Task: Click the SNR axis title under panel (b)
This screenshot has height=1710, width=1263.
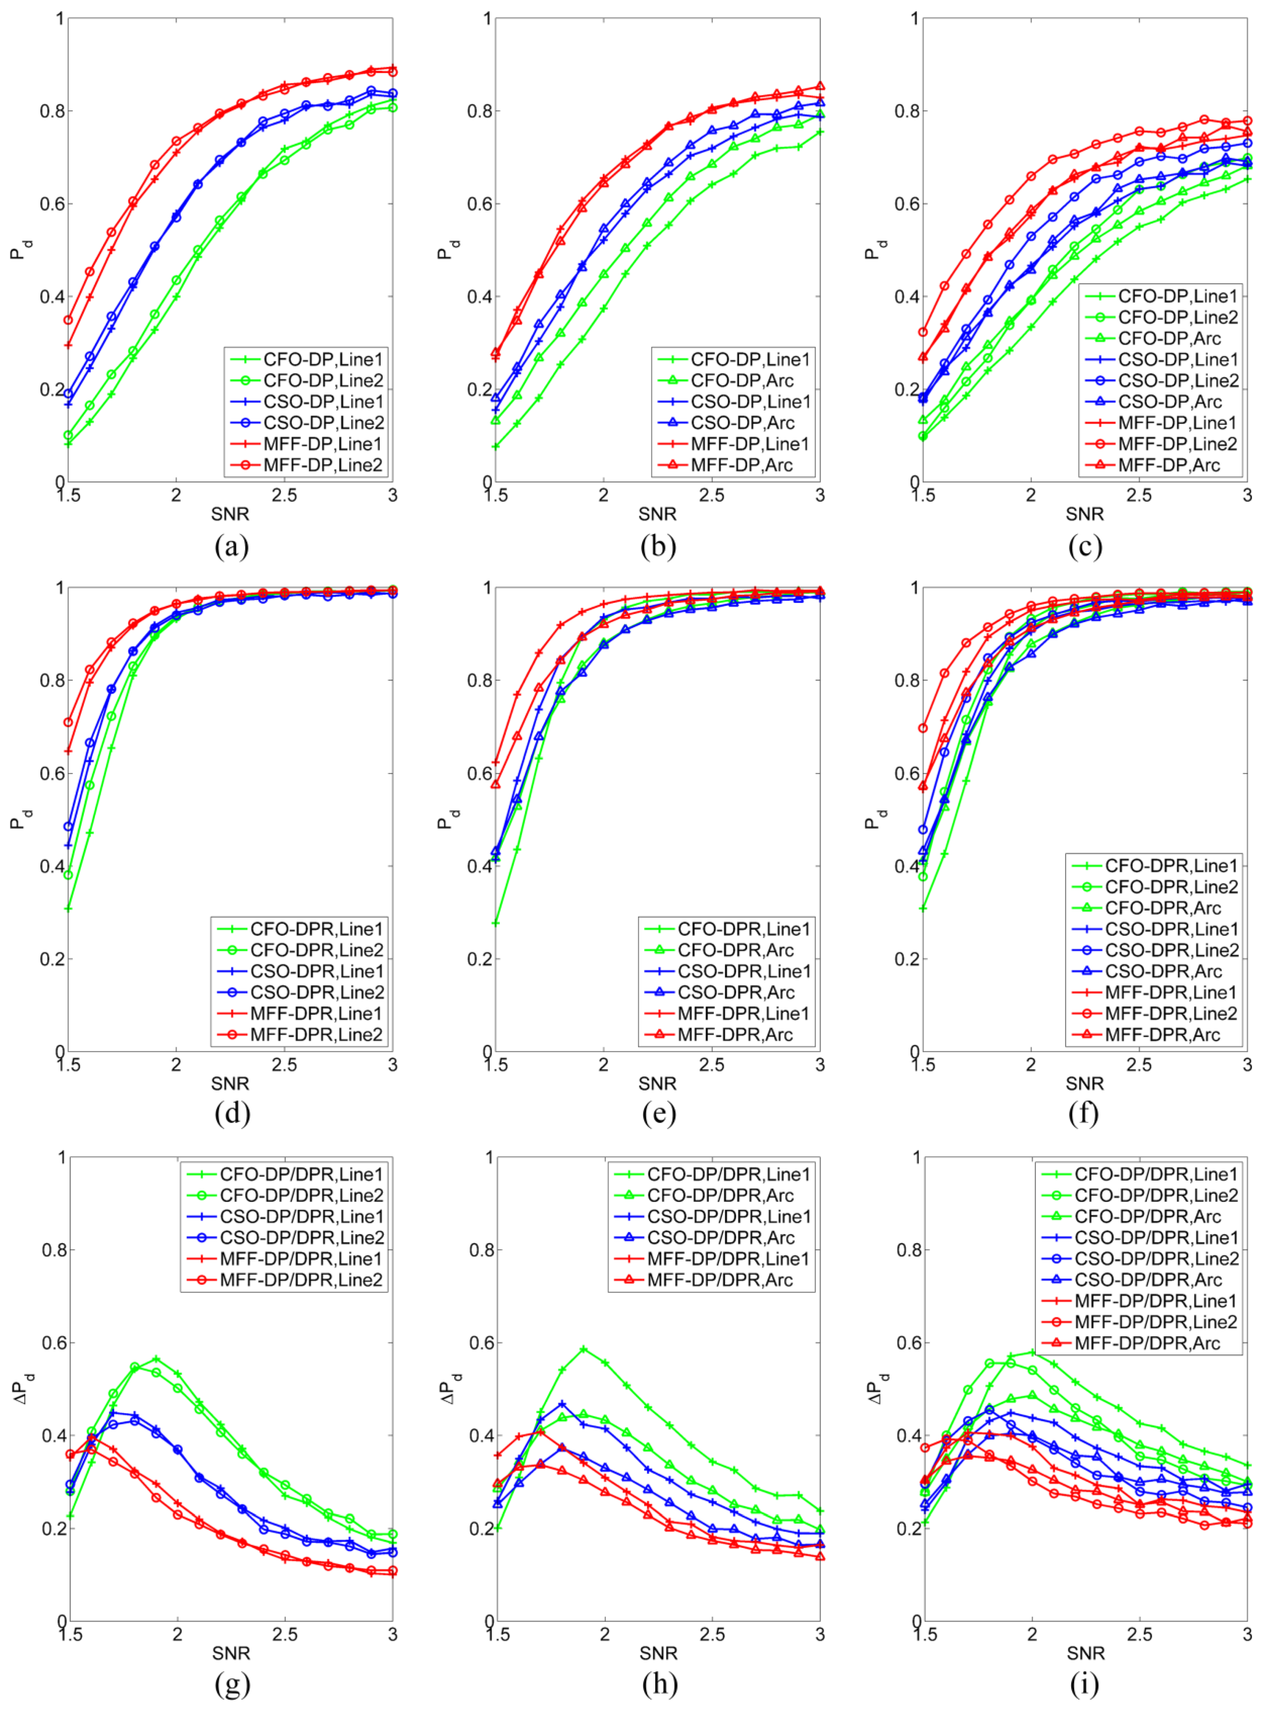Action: pyautogui.click(x=657, y=514)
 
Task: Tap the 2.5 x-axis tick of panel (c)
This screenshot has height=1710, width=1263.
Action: pyautogui.click(x=1139, y=495)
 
